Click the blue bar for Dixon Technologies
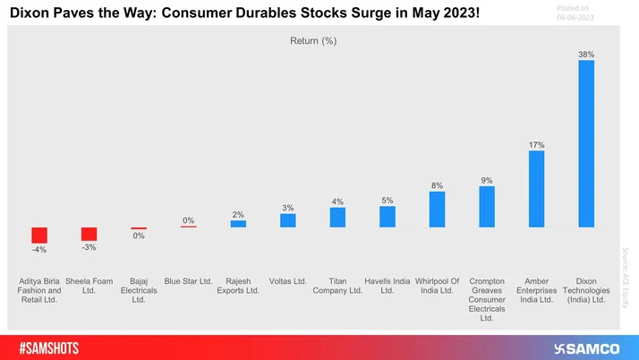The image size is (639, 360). tap(586, 143)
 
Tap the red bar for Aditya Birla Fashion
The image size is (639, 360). tap(39, 235)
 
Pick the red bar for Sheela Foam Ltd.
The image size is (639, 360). tap(89, 233)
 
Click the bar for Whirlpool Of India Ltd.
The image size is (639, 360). tap(437, 209)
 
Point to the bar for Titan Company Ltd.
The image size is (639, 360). tap(337, 218)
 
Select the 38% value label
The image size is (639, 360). tap(586, 55)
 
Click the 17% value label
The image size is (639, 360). tap(537, 144)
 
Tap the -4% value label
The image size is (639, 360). tap(39, 250)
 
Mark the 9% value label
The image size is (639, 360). tap(487, 180)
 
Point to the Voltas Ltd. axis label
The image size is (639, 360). tap(287, 281)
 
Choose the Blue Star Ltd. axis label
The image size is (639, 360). tap(188, 281)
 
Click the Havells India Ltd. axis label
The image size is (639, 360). tap(388, 286)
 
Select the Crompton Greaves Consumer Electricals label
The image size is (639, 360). tap(487, 299)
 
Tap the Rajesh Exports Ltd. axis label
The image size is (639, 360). tap(238, 286)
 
